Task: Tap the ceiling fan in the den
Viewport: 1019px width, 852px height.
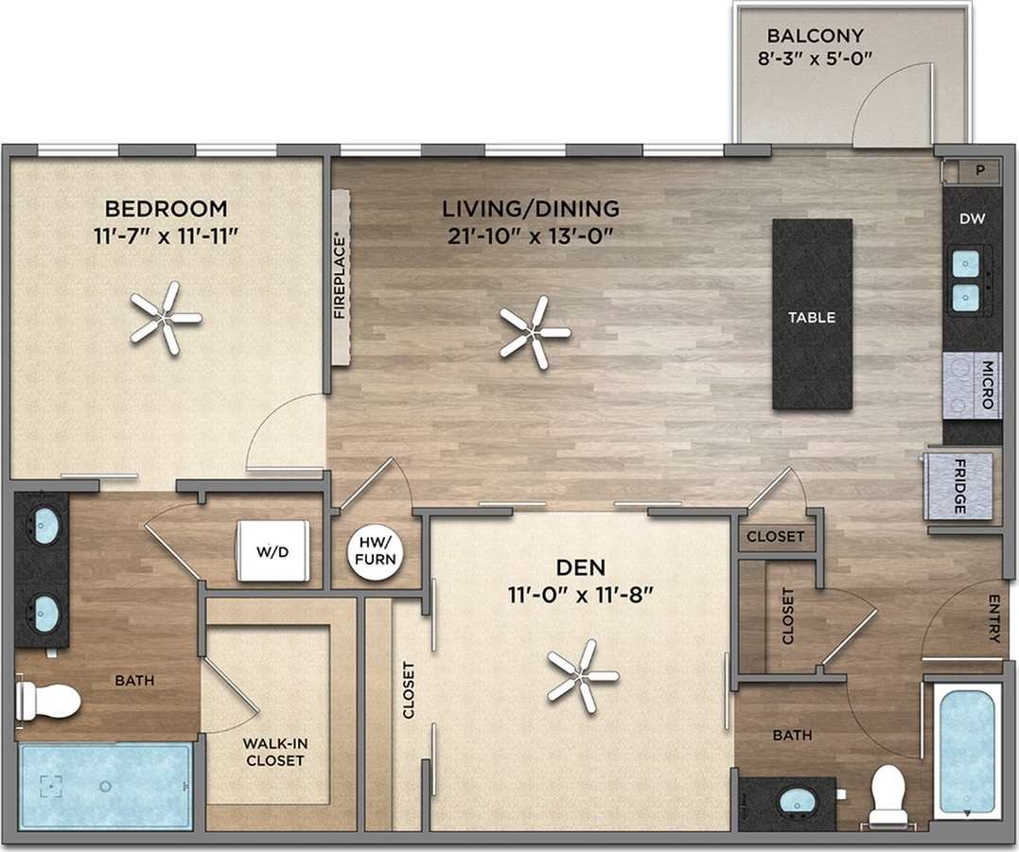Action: (x=583, y=676)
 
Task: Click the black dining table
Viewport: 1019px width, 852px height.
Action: (x=812, y=314)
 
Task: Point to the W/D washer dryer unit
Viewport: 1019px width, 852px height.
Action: (x=273, y=550)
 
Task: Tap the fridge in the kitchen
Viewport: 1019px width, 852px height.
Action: (x=958, y=485)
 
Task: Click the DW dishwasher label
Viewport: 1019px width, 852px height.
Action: (x=973, y=218)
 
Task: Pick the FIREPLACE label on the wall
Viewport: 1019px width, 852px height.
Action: (x=341, y=276)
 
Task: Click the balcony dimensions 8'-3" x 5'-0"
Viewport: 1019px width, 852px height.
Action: (x=815, y=58)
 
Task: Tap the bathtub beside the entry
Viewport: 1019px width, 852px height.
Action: (x=966, y=750)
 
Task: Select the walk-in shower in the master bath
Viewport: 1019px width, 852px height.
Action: (x=105, y=786)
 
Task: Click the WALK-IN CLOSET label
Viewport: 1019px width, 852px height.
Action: (x=273, y=752)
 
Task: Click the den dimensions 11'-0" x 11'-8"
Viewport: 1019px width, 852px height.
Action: (x=580, y=595)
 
